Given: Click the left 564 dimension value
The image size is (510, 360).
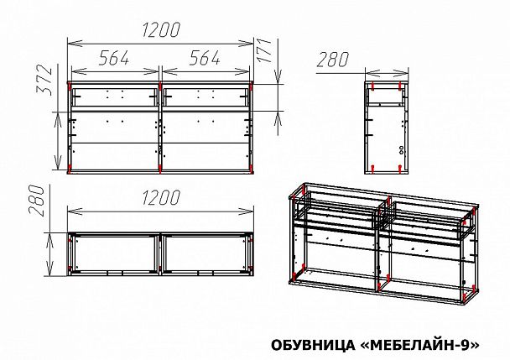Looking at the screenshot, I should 114,58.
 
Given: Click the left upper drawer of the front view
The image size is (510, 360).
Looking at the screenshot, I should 114,96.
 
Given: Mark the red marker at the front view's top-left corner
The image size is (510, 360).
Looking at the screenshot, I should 69,85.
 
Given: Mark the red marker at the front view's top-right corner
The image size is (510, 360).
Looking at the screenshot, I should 252,85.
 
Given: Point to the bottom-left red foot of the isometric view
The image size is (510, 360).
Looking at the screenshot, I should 294,276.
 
